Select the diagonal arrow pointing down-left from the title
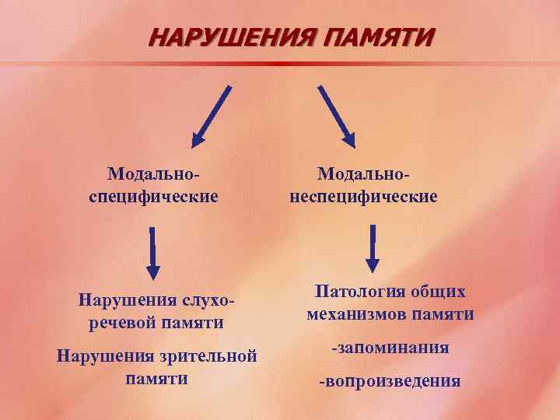(x=212, y=115)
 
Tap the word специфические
(x=153, y=195)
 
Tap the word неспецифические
(x=363, y=195)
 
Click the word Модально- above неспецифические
(x=363, y=172)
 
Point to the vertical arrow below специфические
(x=153, y=253)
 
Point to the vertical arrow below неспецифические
(x=373, y=248)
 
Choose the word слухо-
(x=208, y=299)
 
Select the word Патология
(x=354, y=292)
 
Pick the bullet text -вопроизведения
(x=390, y=381)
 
